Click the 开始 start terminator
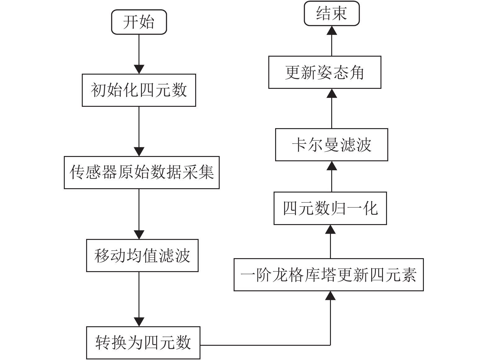pyautogui.click(x=139, y=22)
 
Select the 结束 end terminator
pyautogui.click(x=332, y=13)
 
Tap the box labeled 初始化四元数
pyautogui.click(x=139, y=90)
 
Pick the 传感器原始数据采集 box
pyautogui.click(x=142, y=172)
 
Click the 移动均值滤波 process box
pyautogui.click(x=142, y=255)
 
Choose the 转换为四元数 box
pyautogui.click(x=143, y=343)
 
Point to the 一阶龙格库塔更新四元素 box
pyautogui.click(x=329, y=275)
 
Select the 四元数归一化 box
pyautogui.click(x=330, y=208)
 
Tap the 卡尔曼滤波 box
pyautogui.click(x=332, y=145)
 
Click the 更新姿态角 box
pyautogui.click(x=325, y=72)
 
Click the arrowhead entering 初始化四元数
pyautogui.click(x=139, y=69)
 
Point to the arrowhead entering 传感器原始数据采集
pyautogui.click(x=139, y=152)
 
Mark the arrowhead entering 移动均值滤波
pyautogui.click(x=139, y=235)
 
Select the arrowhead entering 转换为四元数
pyautogui.click(x=139, y=322)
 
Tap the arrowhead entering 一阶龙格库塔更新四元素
pyautogui.click(x=330, y=296)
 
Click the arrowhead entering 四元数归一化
pyautogui.click(x=330, y=229)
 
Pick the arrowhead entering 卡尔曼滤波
pyautogui.click(x=332, y=166)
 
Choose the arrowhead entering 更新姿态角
pyautogui.click(x=332, y=93)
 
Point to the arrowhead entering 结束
pyautogui.click(x=332, y=30)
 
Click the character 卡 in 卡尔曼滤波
pyautogui.click(x=299, y=145)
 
